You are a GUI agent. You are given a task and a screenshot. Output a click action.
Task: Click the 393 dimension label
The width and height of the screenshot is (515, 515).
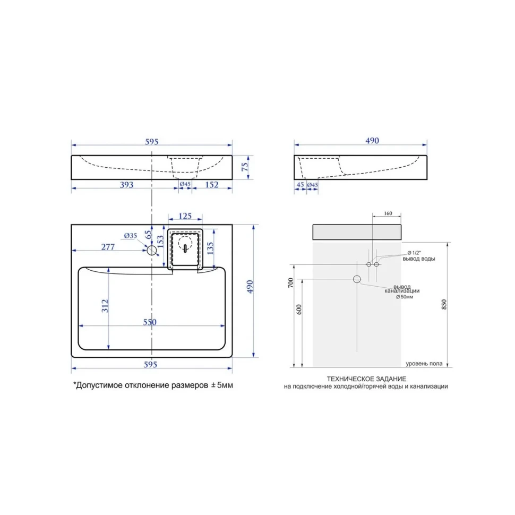coord(126,185)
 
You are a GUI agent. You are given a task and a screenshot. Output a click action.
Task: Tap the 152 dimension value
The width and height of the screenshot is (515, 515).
coord(211,185)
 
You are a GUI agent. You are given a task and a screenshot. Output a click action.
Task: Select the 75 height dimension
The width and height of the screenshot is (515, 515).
coord(245,167)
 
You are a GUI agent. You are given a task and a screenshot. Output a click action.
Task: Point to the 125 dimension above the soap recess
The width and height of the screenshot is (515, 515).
coord(185,216)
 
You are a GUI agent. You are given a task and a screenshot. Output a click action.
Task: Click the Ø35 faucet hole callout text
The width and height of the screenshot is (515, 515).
coord(131,236)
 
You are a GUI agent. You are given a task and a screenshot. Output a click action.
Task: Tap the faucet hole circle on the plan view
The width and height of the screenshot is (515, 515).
coord(151,250)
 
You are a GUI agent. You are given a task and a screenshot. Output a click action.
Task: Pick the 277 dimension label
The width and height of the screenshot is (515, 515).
coord(108,247)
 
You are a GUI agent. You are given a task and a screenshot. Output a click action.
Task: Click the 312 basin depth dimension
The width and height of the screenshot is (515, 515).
coord(105,306)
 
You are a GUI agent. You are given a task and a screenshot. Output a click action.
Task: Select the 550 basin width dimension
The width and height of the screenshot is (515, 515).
coord(150,322)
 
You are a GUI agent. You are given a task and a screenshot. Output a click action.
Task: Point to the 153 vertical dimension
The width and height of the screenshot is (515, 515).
coord(160,242)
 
